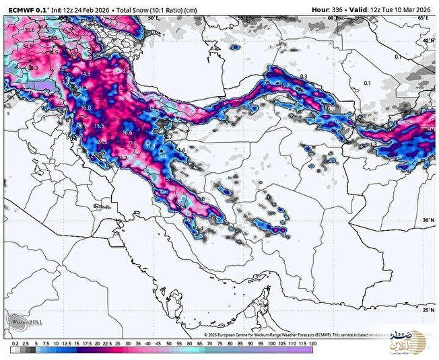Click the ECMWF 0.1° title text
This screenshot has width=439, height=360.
28,9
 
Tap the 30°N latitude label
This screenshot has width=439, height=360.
429,220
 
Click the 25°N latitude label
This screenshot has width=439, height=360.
429,310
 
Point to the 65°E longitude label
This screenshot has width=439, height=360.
422,19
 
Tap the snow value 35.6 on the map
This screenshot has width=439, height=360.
29,30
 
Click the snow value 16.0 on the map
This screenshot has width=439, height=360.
86,108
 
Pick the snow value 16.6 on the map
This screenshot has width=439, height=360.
128,133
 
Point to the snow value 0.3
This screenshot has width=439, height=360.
303,76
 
